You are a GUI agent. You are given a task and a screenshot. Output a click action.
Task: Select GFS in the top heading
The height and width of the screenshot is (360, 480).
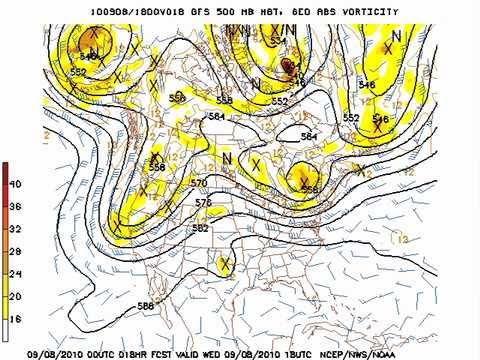(x=182, y=11)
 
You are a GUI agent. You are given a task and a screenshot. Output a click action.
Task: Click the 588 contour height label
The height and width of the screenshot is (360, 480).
(x=146, y=306)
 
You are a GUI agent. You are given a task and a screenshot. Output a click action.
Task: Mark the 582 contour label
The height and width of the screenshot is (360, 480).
(x=201, y=228)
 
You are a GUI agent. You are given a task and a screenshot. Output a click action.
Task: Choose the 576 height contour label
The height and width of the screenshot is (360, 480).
(x=203, y=203)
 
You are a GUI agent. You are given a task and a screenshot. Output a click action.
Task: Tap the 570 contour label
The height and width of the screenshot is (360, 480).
(x=199, y=184)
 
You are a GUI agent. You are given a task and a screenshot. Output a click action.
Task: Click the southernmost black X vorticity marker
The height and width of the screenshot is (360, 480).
(x=226, y=263)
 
